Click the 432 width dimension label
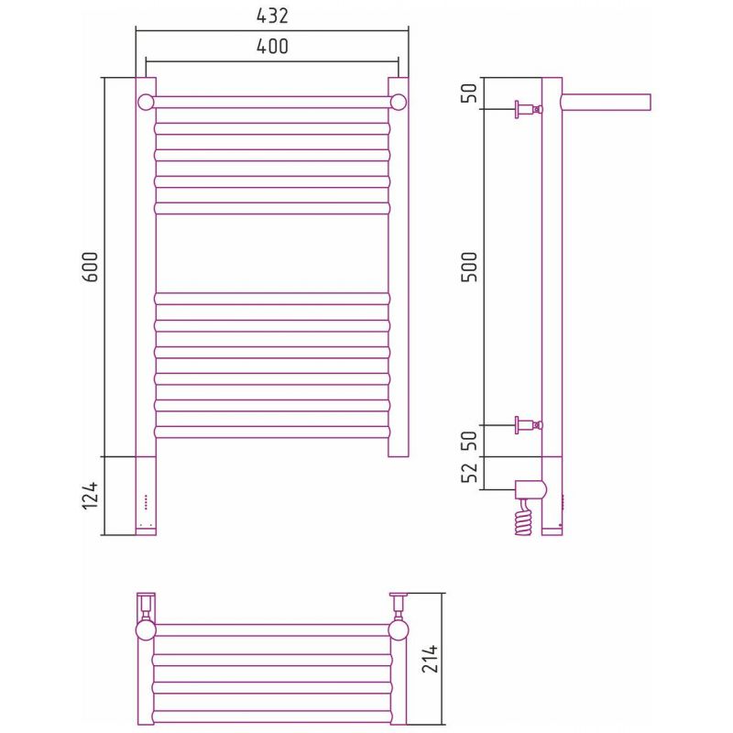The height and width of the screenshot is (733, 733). pyautogui.click(x=272, y=16)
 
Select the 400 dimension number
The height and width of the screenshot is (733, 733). pyautogui.click(x=272, y=47)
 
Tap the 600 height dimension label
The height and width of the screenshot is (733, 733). pyautogui.click(x=90, y=267)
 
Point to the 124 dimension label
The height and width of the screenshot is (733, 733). pyautogui.click(x=90, y=496)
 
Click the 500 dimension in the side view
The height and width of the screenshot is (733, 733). pyautogui.click(x=469, y=267)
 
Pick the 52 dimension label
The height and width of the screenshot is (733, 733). pyautogui.click(x=469, y=472)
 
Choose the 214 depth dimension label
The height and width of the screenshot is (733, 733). pyautogui.click(x=430, y=659)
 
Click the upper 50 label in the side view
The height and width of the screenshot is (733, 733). pyautogui.click(x=469, y=93)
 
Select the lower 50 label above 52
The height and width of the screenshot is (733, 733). pyautogui.click(x=469, y=441)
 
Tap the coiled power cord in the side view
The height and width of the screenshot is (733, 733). pyautogui.click(x=524, y=517)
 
